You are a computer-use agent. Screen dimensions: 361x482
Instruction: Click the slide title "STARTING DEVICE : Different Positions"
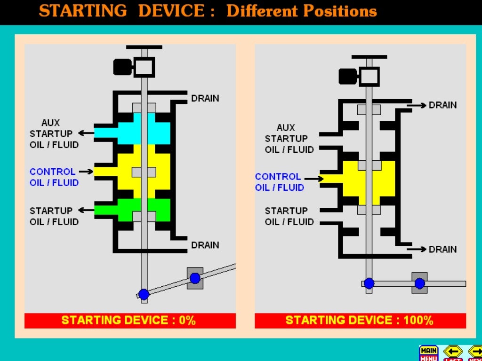208,10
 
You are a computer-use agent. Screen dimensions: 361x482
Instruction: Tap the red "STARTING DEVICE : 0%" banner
129,321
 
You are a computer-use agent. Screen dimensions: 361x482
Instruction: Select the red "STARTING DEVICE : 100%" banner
360,321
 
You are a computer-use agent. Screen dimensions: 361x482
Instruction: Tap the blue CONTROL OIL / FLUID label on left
54,177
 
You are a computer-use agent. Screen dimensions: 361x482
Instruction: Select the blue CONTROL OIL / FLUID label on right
279,182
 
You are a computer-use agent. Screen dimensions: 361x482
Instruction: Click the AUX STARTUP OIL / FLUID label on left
54,133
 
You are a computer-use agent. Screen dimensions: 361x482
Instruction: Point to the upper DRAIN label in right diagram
442,105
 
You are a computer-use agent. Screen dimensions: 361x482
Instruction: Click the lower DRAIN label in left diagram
205,245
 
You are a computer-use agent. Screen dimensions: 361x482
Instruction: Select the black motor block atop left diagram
122,67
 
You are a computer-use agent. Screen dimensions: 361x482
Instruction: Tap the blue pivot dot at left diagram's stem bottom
144,294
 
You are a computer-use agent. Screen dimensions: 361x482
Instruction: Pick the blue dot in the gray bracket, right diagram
419,283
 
